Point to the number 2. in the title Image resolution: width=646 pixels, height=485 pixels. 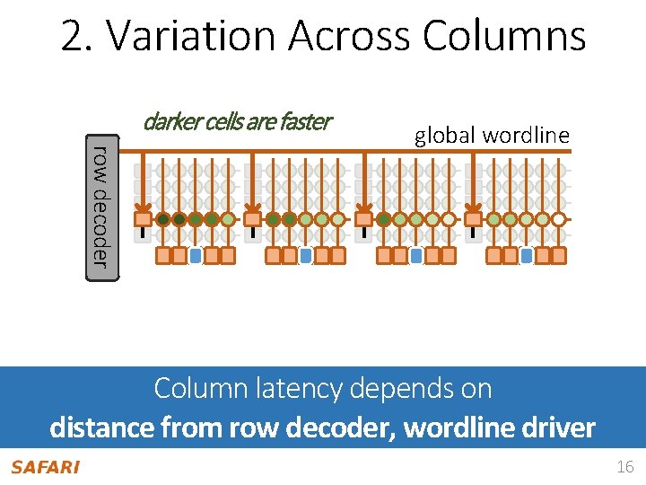[x=79, y=36]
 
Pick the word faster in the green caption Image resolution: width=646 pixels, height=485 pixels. [x=307, y=121]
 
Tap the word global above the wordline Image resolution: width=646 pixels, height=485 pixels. [x=445, y=136]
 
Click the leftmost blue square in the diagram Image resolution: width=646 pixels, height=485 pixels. [x=196, y=256]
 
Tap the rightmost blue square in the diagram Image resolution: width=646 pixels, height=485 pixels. [x=527, y=256]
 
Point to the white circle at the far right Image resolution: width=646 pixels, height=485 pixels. [x=558, y=218]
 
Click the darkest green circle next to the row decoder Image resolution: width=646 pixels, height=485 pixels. [x=163, y=218]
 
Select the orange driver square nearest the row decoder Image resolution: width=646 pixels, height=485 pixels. [x=143, y=218]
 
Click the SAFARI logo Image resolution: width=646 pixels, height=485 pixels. [x=45, y=466]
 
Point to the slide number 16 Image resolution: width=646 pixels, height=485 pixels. [x=624, y=467]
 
